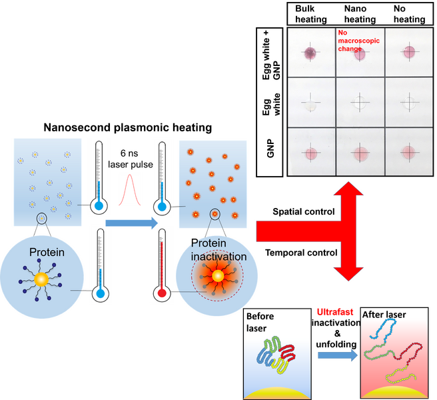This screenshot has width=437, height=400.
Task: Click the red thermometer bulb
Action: click(160, 292)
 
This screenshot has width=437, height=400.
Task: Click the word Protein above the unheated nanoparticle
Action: click(46, 253)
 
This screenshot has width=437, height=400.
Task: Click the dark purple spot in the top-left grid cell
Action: click(310, 53)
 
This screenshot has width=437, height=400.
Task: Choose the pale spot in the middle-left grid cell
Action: click(309, 104)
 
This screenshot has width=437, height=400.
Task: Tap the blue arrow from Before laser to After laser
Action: click(336, 356)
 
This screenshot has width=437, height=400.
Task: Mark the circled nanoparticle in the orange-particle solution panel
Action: click(215, 214)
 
